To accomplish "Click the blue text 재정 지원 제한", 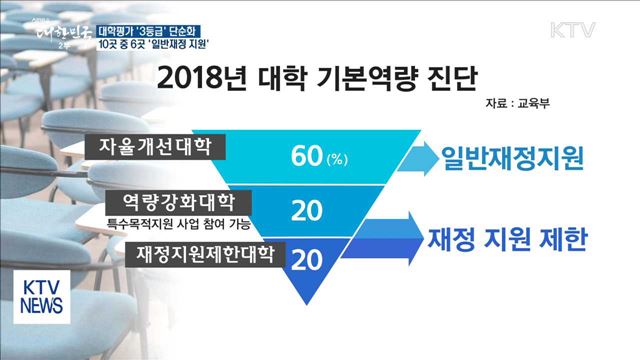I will pyautogui.click(x=507, y=240).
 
